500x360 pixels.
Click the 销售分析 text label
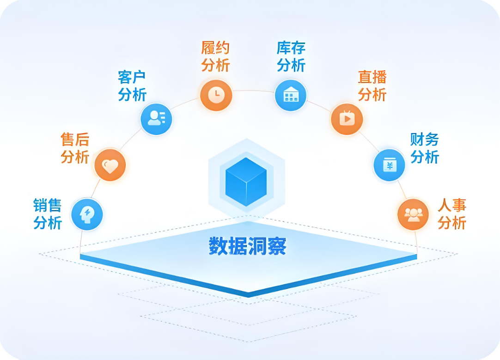[x=47, y=214]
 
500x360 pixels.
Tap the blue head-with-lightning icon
[x=87, y=214]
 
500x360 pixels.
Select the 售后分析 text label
[x=74, y=148]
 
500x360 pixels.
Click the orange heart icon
[x=110, y=165]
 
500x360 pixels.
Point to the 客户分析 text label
[x=132, y=86]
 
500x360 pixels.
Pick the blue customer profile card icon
[x=156, y=119]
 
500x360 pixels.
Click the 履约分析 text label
[x=215, y=56]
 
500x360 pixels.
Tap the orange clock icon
[x=216, y=95]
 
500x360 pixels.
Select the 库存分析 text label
[x=291, y=56]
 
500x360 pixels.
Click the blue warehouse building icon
[x=291, y=95]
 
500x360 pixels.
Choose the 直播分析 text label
[x=372, y=85]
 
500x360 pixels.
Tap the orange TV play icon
[x=347, y=119]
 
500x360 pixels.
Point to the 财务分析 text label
[x=424, y=148]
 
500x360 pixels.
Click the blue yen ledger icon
[x=389, y=165]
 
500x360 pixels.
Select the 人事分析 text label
[x=452, y=214]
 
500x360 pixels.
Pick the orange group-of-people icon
[x=413, y=214]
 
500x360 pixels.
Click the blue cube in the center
[x=246, y=181]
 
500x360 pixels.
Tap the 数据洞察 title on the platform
[x=248, y=246]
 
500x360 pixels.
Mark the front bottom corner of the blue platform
[x=249, y=294]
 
